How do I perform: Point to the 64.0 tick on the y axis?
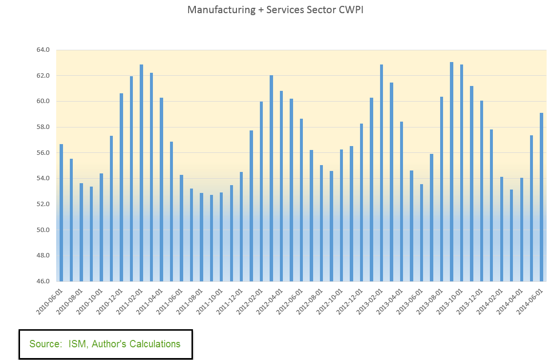(43, 50)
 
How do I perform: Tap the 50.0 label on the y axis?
(43, 230)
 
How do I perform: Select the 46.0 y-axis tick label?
(43, 281)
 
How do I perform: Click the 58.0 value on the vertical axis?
(43, 127)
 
